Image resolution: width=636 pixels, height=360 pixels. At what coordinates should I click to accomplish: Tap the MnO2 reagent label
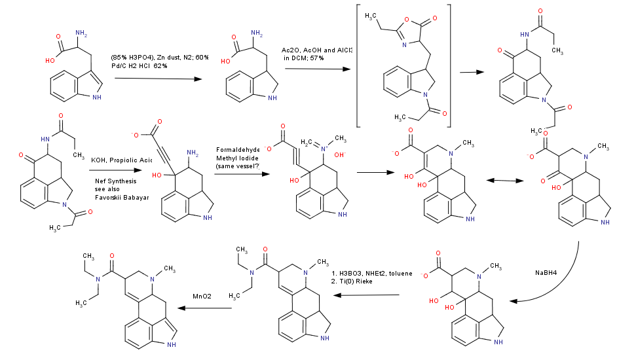pos(201,297)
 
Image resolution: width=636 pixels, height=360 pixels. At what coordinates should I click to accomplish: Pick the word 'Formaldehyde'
pos(237,150)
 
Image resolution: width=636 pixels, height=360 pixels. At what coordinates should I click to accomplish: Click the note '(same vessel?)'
pos(237,167)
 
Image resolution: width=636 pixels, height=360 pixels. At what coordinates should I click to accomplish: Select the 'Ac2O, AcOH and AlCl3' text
pos(317,50)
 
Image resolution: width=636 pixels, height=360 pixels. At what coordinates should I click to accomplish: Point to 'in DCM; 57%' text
pos(304,58)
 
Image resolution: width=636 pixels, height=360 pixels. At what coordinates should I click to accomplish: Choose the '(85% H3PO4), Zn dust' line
pos(159,58)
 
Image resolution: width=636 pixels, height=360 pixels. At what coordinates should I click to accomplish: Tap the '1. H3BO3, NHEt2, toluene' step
pos(372,273)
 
